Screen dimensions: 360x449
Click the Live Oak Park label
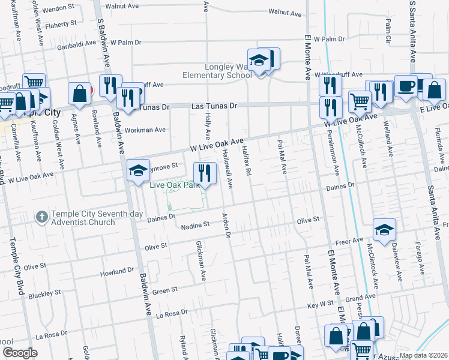point(173,185)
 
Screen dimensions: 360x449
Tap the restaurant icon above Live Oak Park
point(205,173)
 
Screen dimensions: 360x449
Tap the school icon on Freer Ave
point(384,229)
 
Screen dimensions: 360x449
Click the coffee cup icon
point(406,86)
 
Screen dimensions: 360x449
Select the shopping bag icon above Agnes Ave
point(79,93)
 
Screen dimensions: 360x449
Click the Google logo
point(20,352)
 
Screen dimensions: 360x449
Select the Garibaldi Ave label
point(76,44)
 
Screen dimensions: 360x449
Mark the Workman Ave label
point(144,130)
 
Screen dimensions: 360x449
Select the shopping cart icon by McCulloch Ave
point(360,101)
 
